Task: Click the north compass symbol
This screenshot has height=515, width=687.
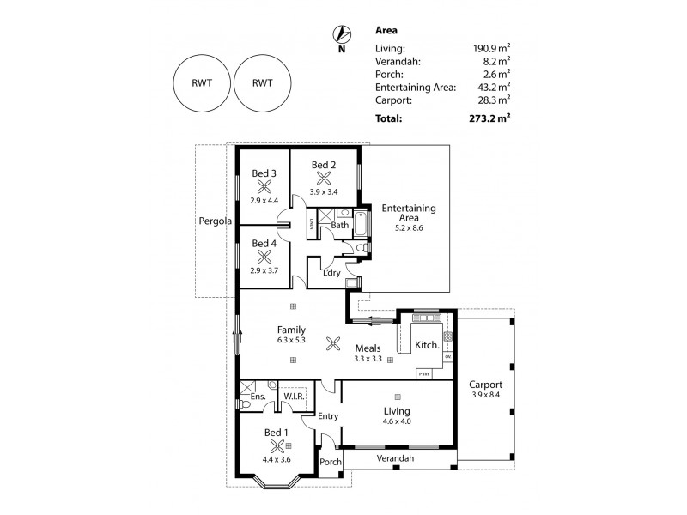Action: point(342,34)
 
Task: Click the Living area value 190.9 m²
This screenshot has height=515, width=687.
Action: point(490,49)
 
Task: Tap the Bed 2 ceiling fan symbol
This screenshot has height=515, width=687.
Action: point(324,179)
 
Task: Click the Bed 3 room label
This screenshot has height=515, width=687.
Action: point(264,173)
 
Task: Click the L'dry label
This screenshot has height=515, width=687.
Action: point(331,274)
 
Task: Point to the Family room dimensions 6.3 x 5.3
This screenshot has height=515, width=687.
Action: point(292,340)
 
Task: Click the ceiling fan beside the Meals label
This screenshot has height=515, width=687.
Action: point(333,348)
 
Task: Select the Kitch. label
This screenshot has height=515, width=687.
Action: point(427,344)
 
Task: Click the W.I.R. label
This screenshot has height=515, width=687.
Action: point(295,396)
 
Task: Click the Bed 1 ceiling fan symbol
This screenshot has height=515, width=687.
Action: point(277,445)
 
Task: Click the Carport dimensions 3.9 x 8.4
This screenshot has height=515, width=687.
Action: point(486,395)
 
